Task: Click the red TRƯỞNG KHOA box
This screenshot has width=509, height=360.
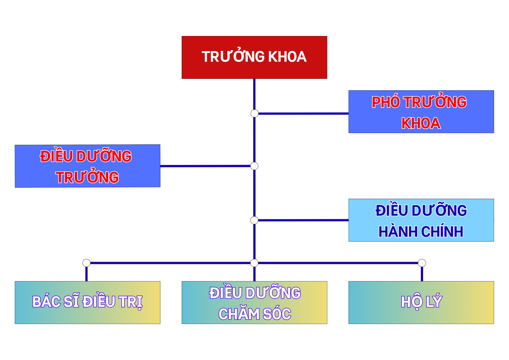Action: tap(254, 58)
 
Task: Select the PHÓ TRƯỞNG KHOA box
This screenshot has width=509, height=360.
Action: tap(421, 112)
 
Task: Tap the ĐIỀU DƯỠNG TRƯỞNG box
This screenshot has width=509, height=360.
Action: tap(88, 166)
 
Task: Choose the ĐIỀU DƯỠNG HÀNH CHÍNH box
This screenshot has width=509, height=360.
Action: tap(421, 220)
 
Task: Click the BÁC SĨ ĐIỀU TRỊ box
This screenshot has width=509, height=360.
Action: tap(88, 302)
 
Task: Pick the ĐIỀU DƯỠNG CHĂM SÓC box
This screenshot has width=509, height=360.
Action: tap(254, 302)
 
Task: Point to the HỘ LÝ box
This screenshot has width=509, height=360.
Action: tap(421, 302)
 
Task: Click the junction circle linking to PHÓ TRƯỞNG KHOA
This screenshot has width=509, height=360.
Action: tap(254, 113)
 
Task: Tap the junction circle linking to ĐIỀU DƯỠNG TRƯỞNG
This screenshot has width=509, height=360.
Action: tap(254, 166)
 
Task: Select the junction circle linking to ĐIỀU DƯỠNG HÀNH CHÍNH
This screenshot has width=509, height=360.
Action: tap(254, 220)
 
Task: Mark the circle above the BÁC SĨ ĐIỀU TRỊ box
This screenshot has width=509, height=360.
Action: tap(86, 263)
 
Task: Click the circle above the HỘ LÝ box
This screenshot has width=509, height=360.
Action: tap(422, 263)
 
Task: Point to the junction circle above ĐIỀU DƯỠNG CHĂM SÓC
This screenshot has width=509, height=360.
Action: tap(254, 263)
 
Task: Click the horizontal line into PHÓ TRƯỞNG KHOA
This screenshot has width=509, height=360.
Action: tap(303, 114)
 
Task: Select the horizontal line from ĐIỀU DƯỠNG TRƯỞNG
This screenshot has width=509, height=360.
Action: tap(206, 166)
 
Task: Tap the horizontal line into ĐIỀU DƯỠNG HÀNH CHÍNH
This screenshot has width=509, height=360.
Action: tap(303, 220)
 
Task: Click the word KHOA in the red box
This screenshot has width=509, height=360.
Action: tap(288, 57)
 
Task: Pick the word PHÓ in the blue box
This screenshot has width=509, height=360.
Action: tap(386, 102)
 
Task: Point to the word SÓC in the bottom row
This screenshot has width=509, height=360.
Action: tap(277, 314)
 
